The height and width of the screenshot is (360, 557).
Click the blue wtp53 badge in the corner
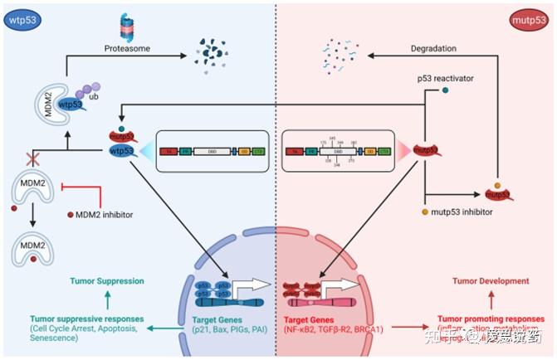[25, 19]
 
